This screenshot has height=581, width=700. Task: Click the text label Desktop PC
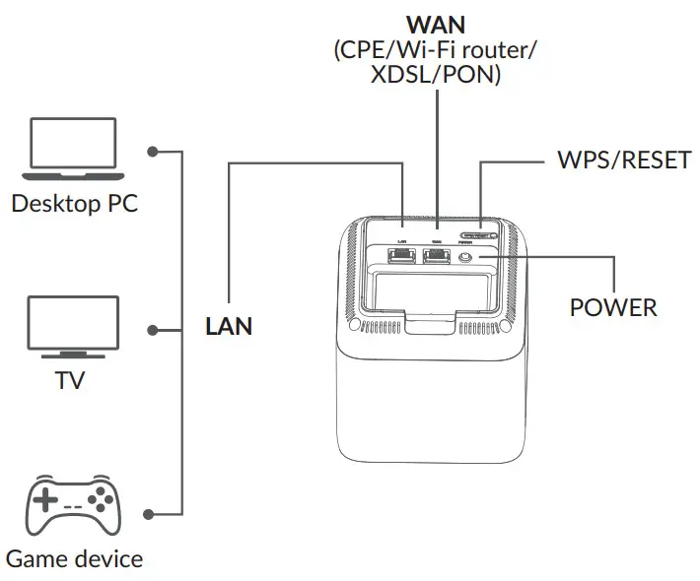coord(74,204)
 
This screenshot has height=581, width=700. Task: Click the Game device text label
coord(74,559)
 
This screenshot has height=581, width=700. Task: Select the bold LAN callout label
coord(229,326)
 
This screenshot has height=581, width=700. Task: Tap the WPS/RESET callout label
coord(622,161)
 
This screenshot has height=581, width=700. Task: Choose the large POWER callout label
coord(613,307)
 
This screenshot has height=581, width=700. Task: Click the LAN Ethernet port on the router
coord(403,258)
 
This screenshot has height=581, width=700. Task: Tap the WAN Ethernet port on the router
coord(435,258)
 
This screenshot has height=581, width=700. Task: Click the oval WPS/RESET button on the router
coord(480,236)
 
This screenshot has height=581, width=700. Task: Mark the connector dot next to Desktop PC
coord(152,152)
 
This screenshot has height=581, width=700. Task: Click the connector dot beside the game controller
coord(152,513)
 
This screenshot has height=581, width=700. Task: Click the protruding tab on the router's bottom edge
coord(435,323)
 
